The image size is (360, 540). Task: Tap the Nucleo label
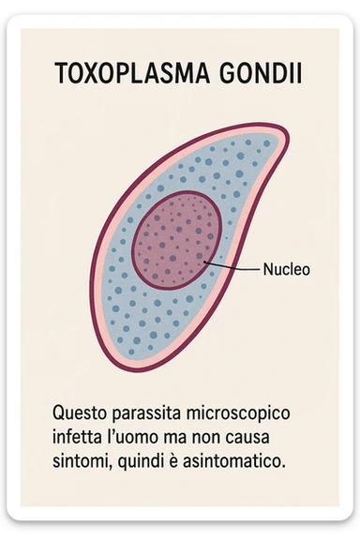[287, 269]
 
